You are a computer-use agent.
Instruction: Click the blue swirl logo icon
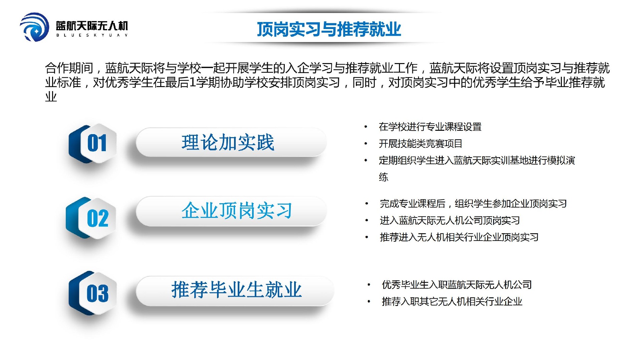tap(34, 27)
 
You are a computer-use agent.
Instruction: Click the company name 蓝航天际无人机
tap(92, 25)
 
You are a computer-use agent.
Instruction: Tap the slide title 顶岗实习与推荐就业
tap(329, 29)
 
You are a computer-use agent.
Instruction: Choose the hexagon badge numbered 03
tap(93, 293)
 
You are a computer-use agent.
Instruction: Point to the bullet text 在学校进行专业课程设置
tap(430, 127)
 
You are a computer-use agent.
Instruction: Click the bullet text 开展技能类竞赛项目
tap(420, 143)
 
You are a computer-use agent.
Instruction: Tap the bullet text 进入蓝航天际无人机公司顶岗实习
tap(450, 220)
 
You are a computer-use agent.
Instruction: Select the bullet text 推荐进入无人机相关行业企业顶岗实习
tap(459, 237)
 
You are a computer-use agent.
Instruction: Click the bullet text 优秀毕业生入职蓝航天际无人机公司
tap(457, 285)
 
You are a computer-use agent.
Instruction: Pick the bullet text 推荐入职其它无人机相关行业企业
tap(452, 302)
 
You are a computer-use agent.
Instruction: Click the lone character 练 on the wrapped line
tap(384, 177)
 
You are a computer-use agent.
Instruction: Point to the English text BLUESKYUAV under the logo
tap(92, 35)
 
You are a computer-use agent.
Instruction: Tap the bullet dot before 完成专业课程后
tap(367, 204)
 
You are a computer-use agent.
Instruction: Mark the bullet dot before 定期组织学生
tap(366, 160)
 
